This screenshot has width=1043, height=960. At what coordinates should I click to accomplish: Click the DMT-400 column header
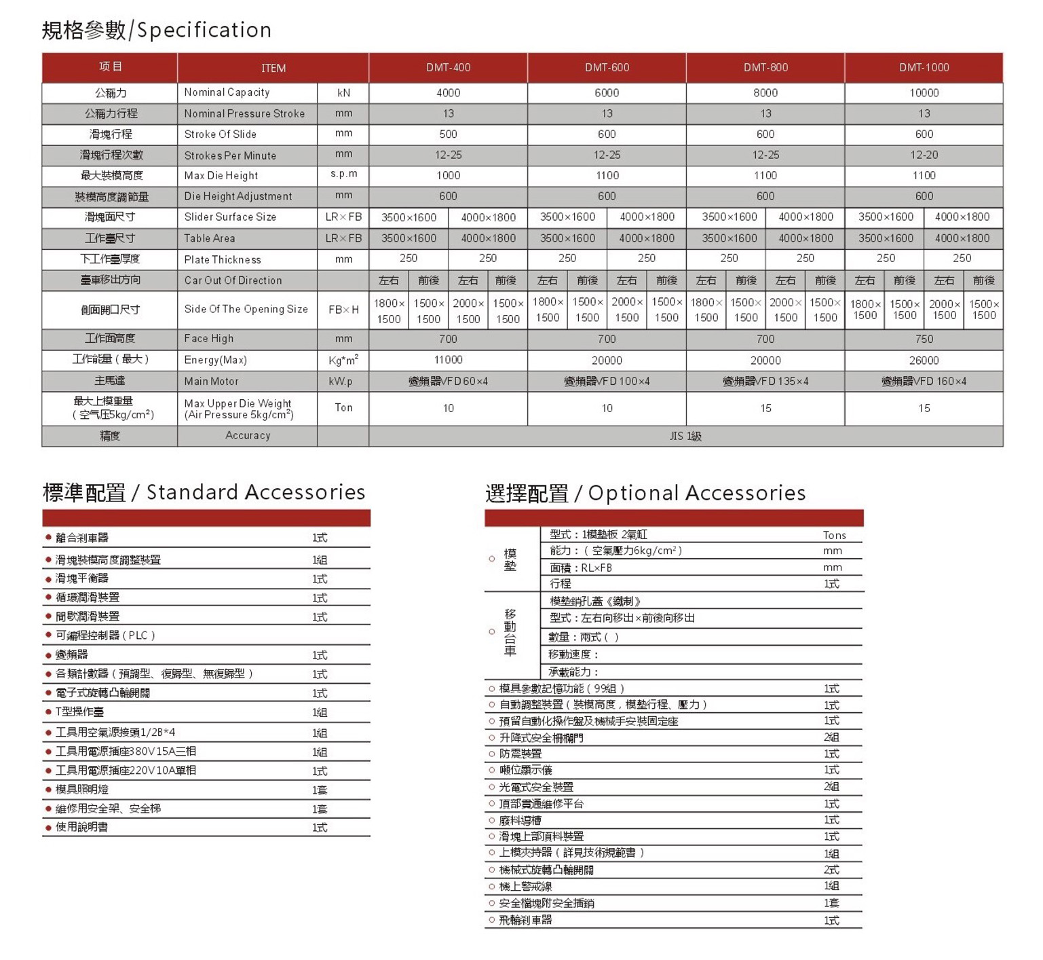coord(448,67)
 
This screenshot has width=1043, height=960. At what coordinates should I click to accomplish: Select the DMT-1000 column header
coord(924,67)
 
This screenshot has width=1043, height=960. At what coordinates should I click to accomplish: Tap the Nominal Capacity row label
coord(227,92)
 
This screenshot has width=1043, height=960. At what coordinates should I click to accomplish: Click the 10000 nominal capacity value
coord(924,93)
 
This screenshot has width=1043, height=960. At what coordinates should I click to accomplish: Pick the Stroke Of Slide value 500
coord(448,134)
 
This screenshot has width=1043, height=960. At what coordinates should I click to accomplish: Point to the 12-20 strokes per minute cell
coord(924,155)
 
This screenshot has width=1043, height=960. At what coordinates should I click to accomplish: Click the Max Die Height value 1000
coord(448,176)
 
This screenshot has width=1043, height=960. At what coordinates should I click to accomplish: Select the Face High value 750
coord(924,339)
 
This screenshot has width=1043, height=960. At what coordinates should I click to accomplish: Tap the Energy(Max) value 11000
coord(448,360)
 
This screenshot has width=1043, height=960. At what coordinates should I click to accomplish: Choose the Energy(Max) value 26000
coord(924,361)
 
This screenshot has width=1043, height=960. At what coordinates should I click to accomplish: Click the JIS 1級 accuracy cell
coord(685,436)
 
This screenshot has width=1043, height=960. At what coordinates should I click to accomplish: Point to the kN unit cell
coord(343,92)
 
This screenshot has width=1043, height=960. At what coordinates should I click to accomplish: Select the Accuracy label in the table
coord(248,436)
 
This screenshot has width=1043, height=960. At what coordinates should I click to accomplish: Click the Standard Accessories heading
coord(256,492)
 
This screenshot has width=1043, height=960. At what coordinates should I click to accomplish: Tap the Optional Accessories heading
coord(697,493)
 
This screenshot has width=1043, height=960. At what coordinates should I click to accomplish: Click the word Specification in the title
coord(204,30)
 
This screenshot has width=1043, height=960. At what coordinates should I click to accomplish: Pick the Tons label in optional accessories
coord(834,536)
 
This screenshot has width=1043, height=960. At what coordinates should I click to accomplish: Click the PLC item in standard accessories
coord(106,635)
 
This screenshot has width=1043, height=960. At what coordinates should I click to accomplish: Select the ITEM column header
coord(273,68)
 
